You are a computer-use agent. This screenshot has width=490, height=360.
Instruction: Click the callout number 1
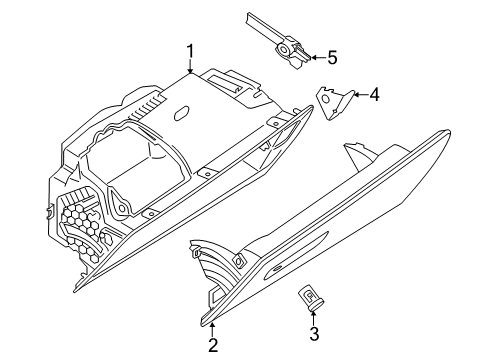click(x=188, y=51)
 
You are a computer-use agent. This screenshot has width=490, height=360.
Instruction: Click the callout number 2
click(x=212, y=347)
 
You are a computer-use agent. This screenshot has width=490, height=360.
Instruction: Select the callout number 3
click(x=312, y=333)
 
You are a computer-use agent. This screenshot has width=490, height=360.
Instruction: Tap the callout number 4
click(x=374, y=96)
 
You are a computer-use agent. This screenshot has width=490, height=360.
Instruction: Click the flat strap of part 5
click(x=263, y=23)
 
